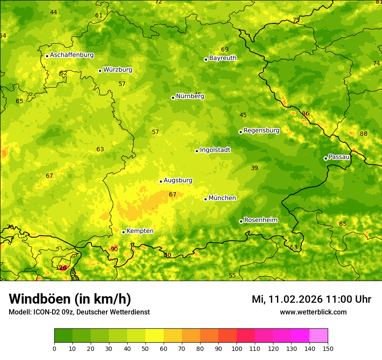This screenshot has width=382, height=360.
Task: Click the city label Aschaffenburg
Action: point(72,55)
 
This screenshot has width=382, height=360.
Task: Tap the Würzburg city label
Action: point(118,70)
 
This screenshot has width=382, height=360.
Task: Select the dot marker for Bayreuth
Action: point(206,59)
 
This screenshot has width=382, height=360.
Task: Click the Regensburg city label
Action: point(261,131)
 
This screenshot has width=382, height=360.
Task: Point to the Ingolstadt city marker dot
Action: point(197,151)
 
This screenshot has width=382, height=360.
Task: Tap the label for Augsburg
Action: point(178,180)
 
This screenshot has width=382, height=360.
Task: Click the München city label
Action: point(222,198)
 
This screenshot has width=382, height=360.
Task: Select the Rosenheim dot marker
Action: point(241,221)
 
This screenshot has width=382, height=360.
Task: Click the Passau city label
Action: point(339,157)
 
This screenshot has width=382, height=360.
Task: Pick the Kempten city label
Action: point(140,231)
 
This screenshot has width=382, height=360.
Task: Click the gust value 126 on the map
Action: point(61,268)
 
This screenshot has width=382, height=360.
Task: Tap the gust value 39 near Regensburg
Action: point(254,168)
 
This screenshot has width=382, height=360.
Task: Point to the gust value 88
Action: point(364,134)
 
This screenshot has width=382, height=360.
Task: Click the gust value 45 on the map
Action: point(243,115)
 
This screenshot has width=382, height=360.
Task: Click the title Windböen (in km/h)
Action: point(70,299)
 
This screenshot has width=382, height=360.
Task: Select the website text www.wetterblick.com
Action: point(313,312)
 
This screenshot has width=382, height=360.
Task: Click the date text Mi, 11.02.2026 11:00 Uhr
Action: point(311,299)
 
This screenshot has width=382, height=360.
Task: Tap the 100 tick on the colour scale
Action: point(237,348)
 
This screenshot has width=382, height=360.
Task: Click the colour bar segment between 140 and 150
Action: point(319,336)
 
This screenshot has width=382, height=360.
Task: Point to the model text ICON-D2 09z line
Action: point(79,312)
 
